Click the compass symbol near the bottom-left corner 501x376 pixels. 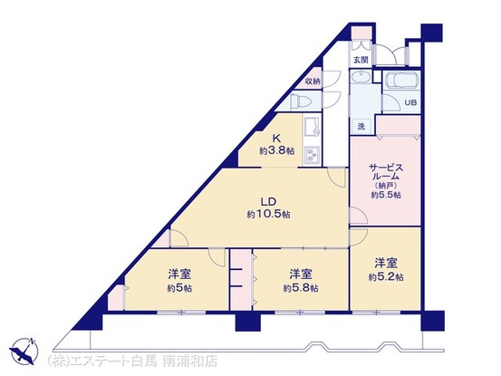pos(24,349)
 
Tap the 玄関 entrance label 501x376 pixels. pos(361,61)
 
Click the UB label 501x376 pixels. pos(409,102)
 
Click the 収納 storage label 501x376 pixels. pos(313,81)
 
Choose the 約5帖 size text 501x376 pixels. pos(178,288)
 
